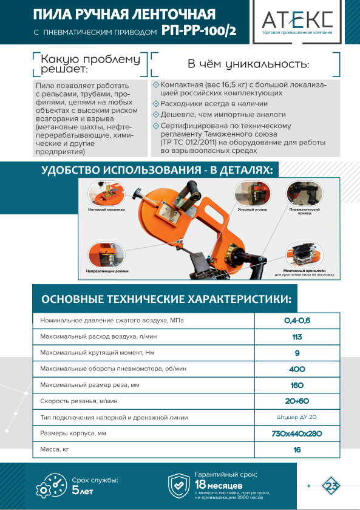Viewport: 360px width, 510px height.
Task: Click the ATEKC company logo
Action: [297, 22]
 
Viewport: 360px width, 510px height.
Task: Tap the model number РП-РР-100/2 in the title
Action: [199, 31]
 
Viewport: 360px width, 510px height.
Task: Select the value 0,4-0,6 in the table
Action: [297, 321]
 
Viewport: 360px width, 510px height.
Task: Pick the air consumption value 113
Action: [297, 337]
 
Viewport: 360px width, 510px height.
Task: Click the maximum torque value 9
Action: [297, 353]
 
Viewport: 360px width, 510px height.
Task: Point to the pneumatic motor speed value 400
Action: [297, 369]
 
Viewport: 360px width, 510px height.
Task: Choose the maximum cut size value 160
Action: [297, 386]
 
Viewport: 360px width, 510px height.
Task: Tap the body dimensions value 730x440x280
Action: [297, 433]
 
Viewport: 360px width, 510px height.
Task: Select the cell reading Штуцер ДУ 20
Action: [296, 417]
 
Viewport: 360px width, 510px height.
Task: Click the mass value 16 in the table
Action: [297, 450]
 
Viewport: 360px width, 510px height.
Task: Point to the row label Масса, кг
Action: [55, 449]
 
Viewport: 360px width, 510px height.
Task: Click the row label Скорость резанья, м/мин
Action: [79, 401]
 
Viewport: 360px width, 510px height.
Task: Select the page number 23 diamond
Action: [331, 486]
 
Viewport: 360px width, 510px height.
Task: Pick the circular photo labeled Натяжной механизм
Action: [106, 194]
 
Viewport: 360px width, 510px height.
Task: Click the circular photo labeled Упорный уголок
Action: [253, 194]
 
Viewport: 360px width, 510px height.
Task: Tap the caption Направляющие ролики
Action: [107, 271]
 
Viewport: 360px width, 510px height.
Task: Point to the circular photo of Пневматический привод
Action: [304, 194]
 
